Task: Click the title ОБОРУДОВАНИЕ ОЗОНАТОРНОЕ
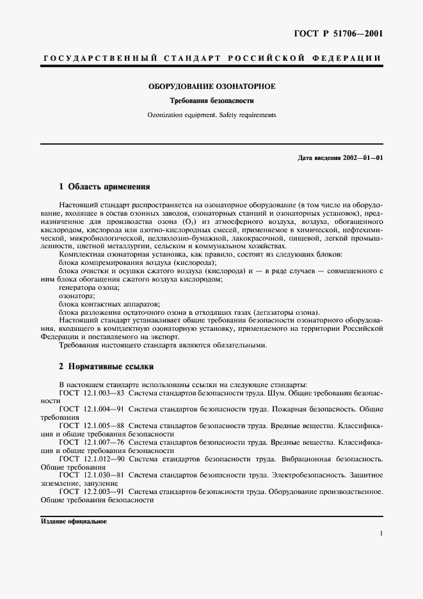click(x=212, y=86)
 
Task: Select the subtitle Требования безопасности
click(x=212, y=101)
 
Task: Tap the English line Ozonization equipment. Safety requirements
click(x=212, y=115)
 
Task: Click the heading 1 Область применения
click(x=104, y=187)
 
